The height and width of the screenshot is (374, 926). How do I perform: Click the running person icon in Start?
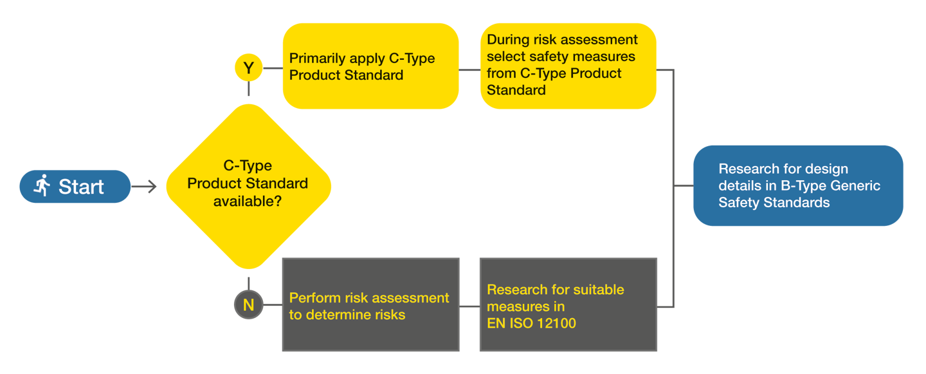click(x=42, y=185)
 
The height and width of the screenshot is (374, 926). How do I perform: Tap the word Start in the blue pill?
click(x=81, y=187)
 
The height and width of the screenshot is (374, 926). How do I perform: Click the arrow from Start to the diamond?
click(x=144, y=187)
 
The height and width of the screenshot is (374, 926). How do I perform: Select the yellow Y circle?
click(x=248, y=68)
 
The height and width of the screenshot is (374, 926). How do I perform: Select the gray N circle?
click(x=248, y=305)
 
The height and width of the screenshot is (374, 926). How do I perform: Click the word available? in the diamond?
click(x=248, y=201)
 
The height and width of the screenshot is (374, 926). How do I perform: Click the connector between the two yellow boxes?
click(x=469, y=70)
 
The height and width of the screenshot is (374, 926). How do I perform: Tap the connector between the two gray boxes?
click(x=469, y=306)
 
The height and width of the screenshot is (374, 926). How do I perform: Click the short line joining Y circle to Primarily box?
click(x=273, y=68)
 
